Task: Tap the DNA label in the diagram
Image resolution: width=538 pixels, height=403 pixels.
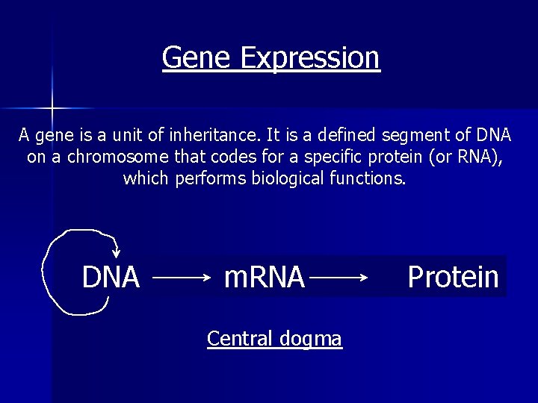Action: pyautogui.click(x=111, y=277)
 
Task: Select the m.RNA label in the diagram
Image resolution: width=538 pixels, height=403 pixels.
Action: pyautogui.click(x=265, y=277)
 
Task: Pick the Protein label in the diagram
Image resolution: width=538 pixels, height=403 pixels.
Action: pyautogui.click(x=453, y=277)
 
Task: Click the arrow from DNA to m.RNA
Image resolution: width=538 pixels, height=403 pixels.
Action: pyautogui.click(x=183, y=278)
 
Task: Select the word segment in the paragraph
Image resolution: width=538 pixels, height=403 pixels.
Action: pyautogui.click(x=406, y=136)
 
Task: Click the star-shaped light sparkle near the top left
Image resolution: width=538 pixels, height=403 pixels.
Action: pyautogui.click(x=52, y=109)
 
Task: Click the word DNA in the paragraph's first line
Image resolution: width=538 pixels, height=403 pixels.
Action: pyautogui.click(x=492, y=136)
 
